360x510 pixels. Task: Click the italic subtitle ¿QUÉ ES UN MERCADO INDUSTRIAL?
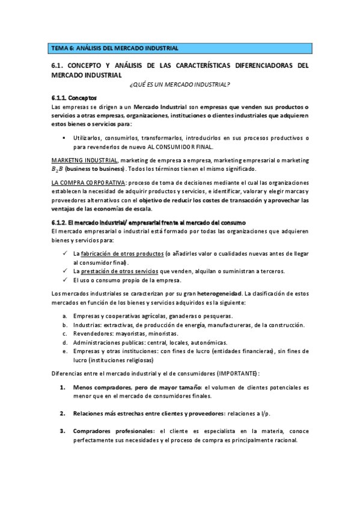pos(180,85)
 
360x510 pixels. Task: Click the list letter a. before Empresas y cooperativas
pos(65,316)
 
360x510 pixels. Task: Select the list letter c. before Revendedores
pos(65,333)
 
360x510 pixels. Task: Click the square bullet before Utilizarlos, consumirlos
pos(64,138)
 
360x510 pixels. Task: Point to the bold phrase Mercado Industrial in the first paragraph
pos(162,106)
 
